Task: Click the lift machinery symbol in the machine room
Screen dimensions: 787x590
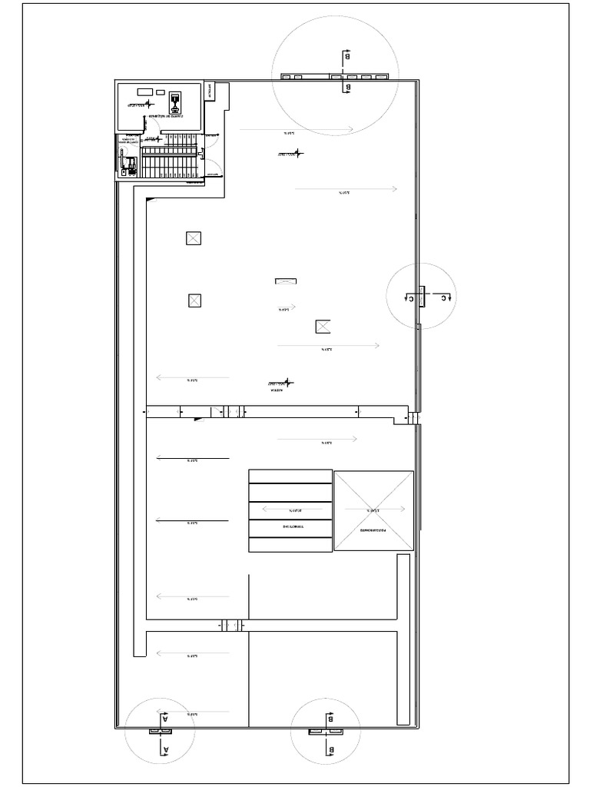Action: [x=175, y=100]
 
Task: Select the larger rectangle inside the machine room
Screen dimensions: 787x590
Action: [x=144, y=91]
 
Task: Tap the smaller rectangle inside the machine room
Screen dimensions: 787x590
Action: [x=160, y=91]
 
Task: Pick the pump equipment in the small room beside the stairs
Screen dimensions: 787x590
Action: [x=129, y=162]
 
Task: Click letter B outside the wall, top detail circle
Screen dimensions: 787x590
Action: [x=347, y=56]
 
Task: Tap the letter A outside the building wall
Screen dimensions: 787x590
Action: [x=164, y=747]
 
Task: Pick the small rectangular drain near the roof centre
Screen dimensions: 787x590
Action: [x=286, y=281]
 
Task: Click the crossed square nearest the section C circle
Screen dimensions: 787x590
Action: [x=323, y=327]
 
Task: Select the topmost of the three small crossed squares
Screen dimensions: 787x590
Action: [x=193, y=238]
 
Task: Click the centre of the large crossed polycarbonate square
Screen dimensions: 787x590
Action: [x=373, y=510]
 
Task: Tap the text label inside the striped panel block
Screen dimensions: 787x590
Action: [x=290, y=528]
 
